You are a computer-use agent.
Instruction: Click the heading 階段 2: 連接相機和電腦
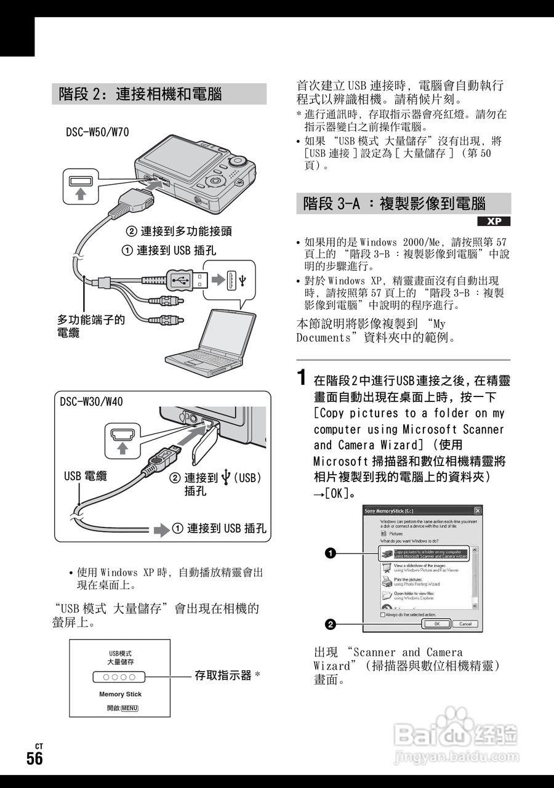pyautogui.click(x=140, y=94)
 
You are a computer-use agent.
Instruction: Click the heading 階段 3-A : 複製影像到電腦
pyautogui.click(x=395, y=204)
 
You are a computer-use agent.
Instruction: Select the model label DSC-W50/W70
pyautogui.click(x=97, y=132)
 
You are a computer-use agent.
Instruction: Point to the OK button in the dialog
pyautogui.click(x=436, y=624)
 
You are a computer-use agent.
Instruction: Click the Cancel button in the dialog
pyautogui.click(x=465, y=624)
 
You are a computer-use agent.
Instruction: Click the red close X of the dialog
pyautogui.click(x=477, y=510)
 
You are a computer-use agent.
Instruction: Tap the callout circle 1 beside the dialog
pyautogui.click(x=331, y=553)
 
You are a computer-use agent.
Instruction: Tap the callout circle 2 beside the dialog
pyautogui.click(x=331, y=624)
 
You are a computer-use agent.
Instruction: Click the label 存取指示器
pyautogui.click(x=223, y=675)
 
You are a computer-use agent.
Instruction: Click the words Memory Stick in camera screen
pyautogui.click(x=120, y=694)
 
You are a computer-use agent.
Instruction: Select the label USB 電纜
pyautogui.click(x=86, y=476)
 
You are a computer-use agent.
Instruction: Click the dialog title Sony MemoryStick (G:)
pyautogui.click(x=388, y=510)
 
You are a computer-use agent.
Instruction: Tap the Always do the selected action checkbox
pyautogui.click(x=383, y=614)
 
